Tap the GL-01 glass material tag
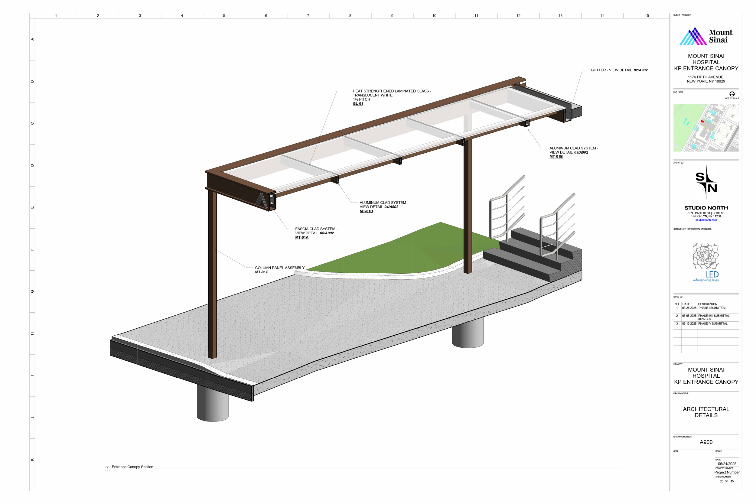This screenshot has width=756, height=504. tap(358, 104)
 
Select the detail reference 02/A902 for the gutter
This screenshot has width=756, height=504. tap(640, 70)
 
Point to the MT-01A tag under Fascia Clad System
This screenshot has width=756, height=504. tap(301, 238)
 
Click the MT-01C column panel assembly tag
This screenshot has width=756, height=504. tap(261, 272)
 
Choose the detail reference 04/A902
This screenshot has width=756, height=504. tap(391, 207)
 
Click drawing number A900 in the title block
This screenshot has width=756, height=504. tap(706, 442)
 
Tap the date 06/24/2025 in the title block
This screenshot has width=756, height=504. tap(727, 464)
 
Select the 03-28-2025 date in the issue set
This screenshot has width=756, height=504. tap(689, 308)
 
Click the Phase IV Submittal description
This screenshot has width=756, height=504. tap(713, 324)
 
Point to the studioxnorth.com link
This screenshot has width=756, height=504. tap(706, 220)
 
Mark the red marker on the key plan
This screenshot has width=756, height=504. tap(702, 122)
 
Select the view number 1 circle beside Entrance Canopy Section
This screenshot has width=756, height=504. tap(108, 469)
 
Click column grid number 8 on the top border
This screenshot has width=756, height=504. tap(350, 15)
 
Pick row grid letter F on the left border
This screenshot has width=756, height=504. tap(32, 249)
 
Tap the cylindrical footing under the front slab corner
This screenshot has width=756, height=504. tap(213, 405)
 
